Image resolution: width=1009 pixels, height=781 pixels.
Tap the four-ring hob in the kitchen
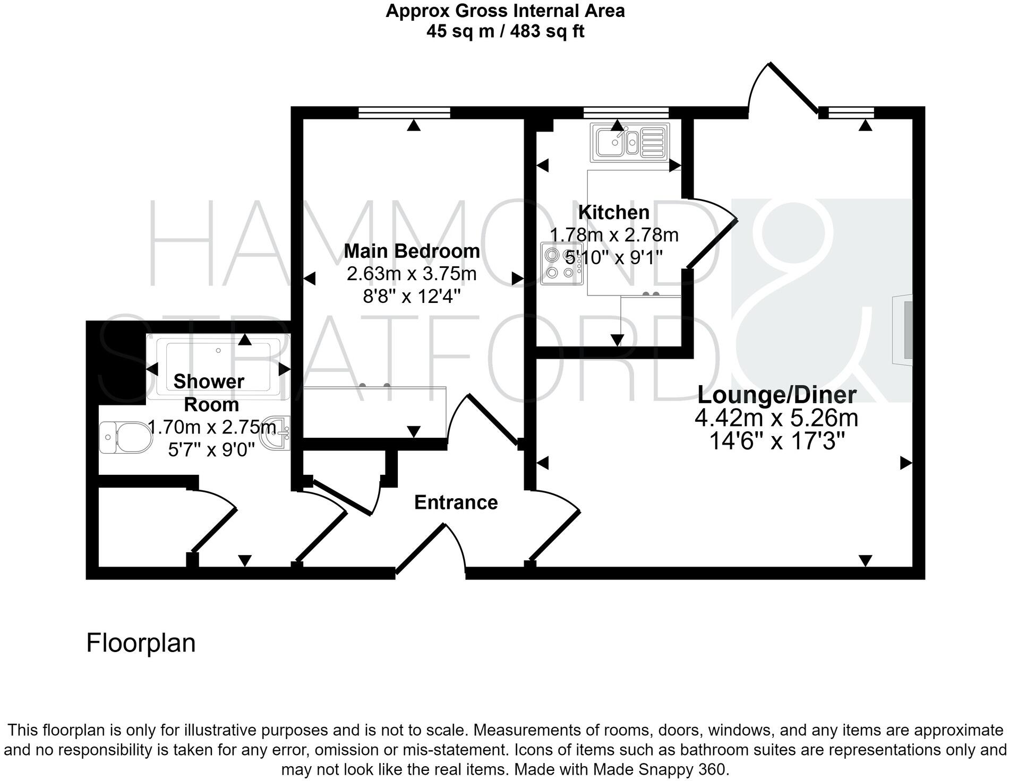(x=561, y=264)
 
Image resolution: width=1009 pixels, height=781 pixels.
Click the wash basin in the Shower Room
(x=278, y=432)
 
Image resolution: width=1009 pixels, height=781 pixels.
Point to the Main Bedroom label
(x=412, y=251)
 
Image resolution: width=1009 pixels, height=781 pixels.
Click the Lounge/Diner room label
(x=776, y=395)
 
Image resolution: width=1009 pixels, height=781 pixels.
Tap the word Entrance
(x=456, y=502)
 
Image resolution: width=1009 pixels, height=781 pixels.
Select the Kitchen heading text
(x=613, y=212)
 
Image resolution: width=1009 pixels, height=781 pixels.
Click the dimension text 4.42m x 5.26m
(x=776, y=418)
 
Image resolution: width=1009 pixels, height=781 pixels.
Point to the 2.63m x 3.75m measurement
(x=412, y=274)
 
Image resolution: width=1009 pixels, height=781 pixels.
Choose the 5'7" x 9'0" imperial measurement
(x=211, y=450)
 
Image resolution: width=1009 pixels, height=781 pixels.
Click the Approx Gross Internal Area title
(x=504, y=11)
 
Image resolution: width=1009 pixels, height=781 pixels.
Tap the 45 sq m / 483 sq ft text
(x=504, y=31)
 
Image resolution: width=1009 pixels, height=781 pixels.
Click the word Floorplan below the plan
(x=141, y=643)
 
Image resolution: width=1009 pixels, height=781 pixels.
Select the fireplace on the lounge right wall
(x=903, y=329)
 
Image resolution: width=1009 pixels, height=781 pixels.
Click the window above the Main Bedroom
(x=404, y=112)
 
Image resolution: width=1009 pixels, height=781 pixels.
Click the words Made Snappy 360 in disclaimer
(x=660, y=769)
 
